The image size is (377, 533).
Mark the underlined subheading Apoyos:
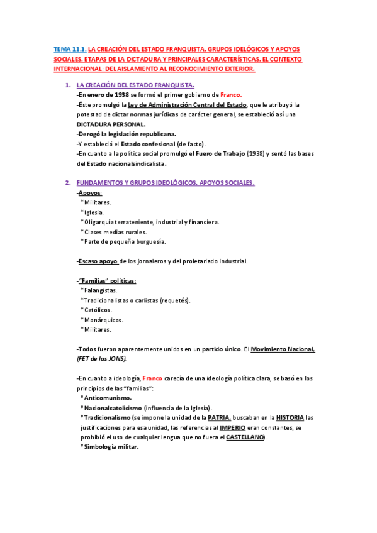click(90, 192)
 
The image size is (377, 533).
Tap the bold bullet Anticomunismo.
click(107, 398)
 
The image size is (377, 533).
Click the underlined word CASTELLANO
click(245, 437)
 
